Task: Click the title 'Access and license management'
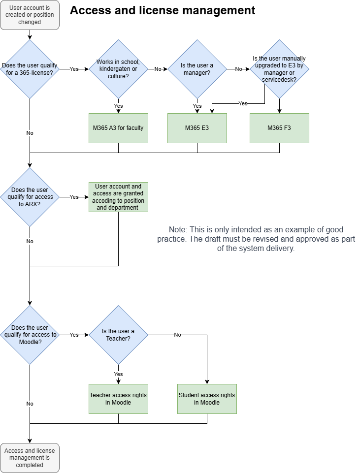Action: [x=163, y=10]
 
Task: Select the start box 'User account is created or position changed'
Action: [x=30, y=15]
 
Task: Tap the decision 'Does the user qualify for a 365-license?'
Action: [x=30, y=69]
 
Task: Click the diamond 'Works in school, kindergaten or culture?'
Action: [x=118, y=69]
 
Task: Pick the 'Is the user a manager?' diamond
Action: [x=197, y=69]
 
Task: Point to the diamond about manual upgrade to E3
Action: [x=279, y=69]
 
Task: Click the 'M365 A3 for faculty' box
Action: [x=118, y=128]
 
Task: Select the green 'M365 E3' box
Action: [x=197, y=128]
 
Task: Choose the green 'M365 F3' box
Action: [x=279, y=128]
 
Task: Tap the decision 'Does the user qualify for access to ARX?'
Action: [x=30, y=197]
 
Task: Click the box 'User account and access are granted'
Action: [x=118, y=197]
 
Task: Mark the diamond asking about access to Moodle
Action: [x=30, y=335]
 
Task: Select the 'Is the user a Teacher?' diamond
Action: [x=118, y=335]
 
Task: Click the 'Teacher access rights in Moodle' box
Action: [x=118, y=399]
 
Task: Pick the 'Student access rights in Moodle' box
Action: [x=207, y=399]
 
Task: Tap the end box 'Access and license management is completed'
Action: [x=30, y=458]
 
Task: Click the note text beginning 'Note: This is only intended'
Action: [x=256, y=239]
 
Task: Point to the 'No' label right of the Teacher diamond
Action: [x=177, y=335]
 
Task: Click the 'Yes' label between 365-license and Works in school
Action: [x=74, y=69]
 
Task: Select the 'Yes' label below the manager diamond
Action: [x=197, y=106]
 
